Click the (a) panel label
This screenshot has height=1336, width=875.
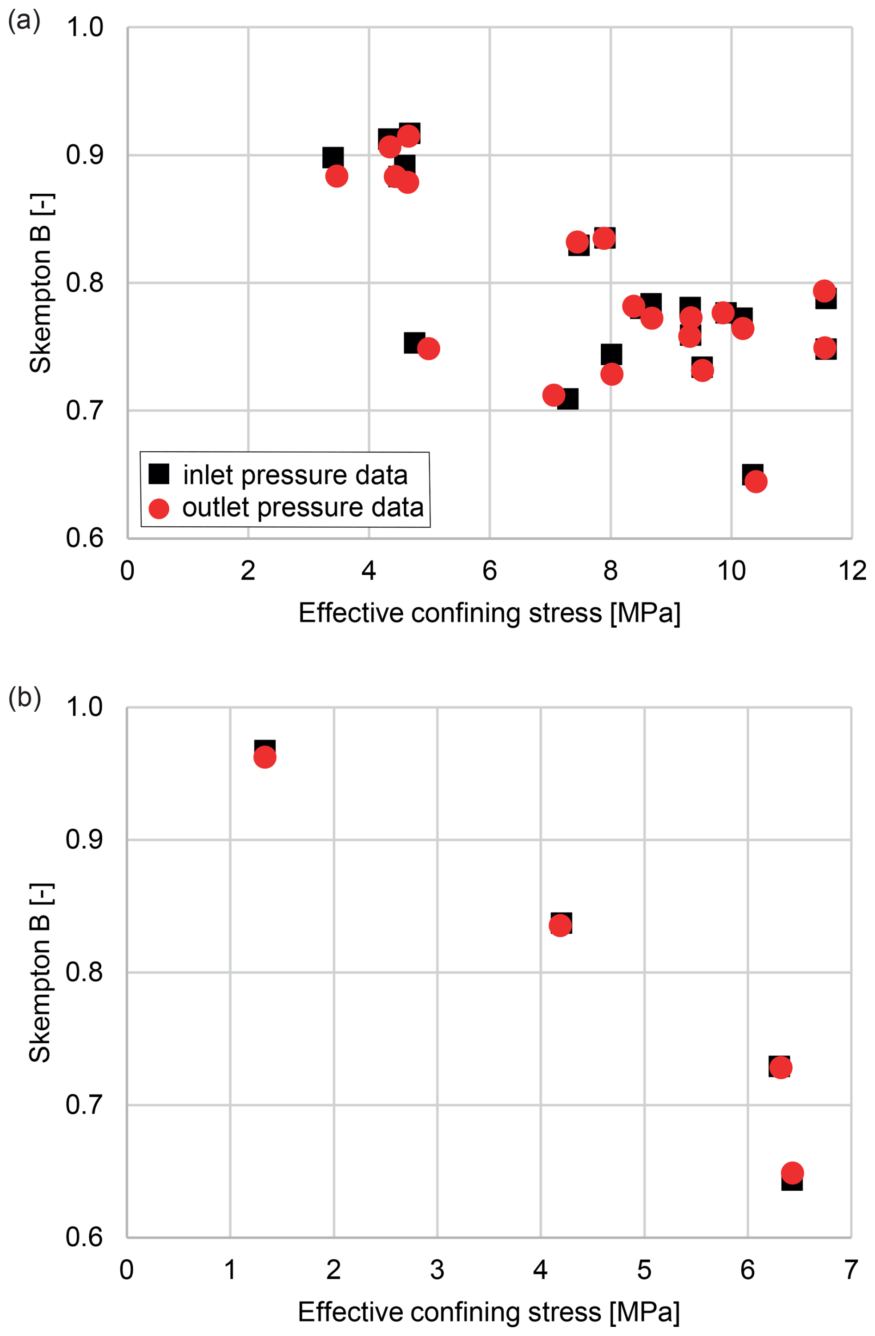coord(24,21)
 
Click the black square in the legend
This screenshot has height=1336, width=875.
coord(159,474)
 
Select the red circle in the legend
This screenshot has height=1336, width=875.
coord(159,509)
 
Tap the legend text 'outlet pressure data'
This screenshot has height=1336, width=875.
coord(303,507)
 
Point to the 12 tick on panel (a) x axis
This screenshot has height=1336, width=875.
coord(852,571)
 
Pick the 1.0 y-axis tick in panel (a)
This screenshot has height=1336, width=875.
coord(85,27)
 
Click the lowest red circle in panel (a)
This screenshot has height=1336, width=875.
coord(756,481)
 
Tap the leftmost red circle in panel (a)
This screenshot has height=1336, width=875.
coord(337,176)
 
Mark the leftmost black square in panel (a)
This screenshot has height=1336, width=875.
coord(333,158)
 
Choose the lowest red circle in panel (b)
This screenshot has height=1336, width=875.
coord(792,1173)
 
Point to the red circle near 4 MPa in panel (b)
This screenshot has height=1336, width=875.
coord(560,925)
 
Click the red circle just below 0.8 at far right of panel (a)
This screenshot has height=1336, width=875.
coord(824,291)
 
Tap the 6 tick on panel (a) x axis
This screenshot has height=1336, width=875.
coord(489,571)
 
